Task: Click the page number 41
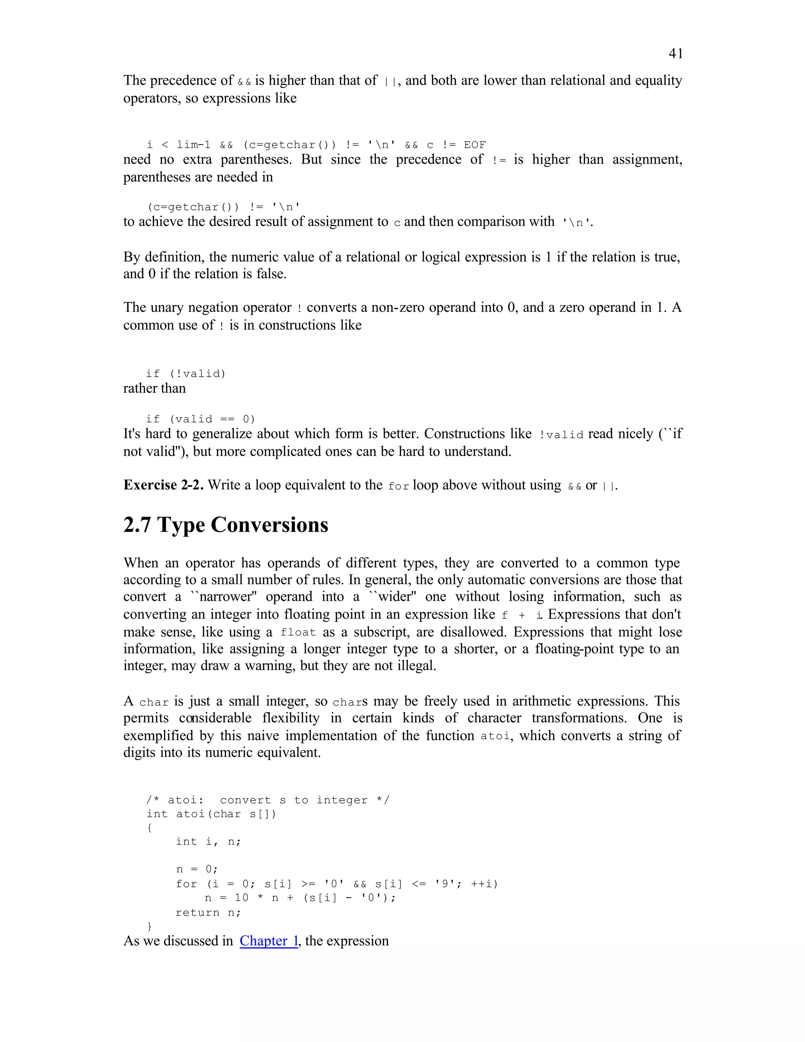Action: tap(675, 53)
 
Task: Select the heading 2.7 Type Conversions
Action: tap(226, 525)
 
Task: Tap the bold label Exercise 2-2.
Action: tap(164, 485)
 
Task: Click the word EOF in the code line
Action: tap(474, 145)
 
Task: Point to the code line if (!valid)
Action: tap(186, 374)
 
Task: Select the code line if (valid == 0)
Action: tap(200, 419)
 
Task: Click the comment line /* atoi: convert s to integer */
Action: tap(268, 800)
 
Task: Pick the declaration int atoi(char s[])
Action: tap(211, 814)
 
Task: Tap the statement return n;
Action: tap(208, 913)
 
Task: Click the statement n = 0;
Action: tap(197, 869)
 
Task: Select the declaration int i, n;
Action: tap(208, 841)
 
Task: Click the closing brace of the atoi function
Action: tap(150, 926)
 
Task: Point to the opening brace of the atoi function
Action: tap(150, 828)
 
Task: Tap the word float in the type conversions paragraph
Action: tap(298, 633)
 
